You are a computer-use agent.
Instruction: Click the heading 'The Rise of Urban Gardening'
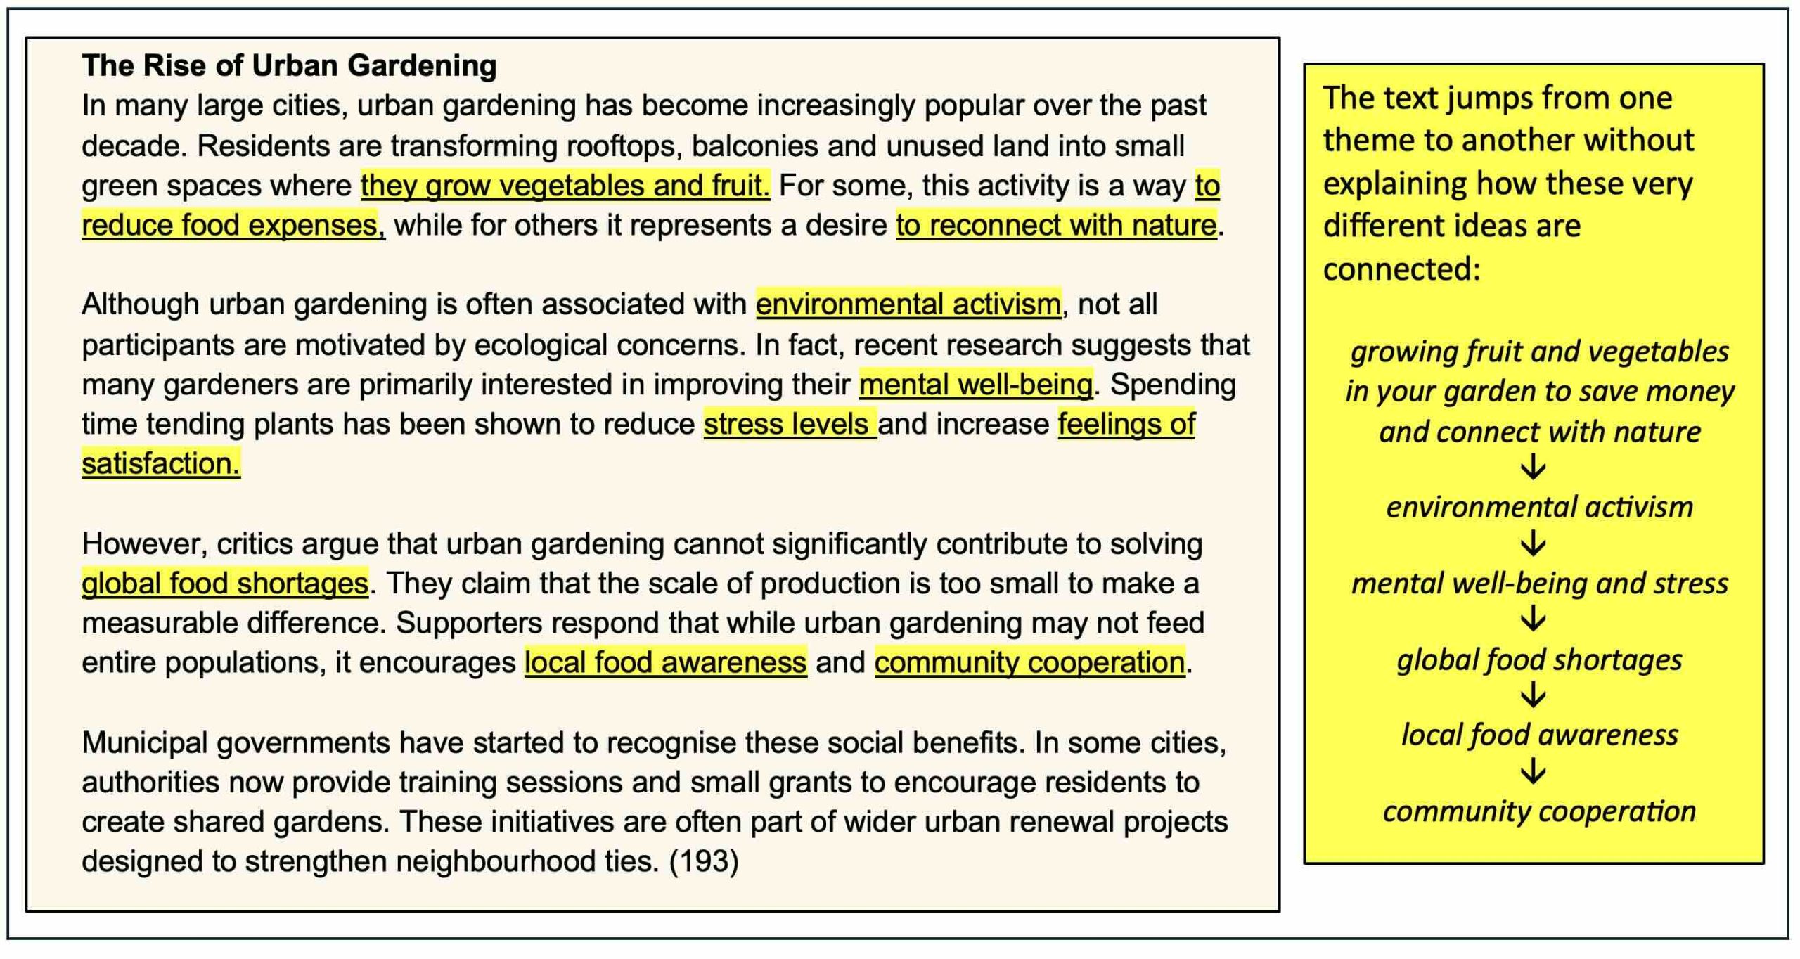tap(289, 65)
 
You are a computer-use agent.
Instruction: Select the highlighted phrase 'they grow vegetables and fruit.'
tap(565, 186)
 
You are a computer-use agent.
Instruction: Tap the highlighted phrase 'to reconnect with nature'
tap(1055, 226)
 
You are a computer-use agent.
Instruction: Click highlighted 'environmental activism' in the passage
tap(908, 304)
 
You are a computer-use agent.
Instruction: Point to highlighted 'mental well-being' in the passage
tap(975, 385)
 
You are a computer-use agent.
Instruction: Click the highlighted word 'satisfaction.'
tap(161, 463)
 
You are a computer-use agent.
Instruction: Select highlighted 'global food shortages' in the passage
tap(225, 584)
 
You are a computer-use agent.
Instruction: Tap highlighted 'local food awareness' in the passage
tap(665, 662)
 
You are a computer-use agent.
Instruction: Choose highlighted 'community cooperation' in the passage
tap(1029, 662)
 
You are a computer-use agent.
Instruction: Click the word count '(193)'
tap(704, 861)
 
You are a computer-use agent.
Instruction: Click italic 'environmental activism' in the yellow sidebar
tap(1539, 507)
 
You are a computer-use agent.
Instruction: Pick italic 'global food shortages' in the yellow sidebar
tap(1539, 660)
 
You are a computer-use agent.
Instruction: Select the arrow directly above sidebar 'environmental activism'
tap(1534, 468)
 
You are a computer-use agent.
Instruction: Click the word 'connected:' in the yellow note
tap(1401, 269)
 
